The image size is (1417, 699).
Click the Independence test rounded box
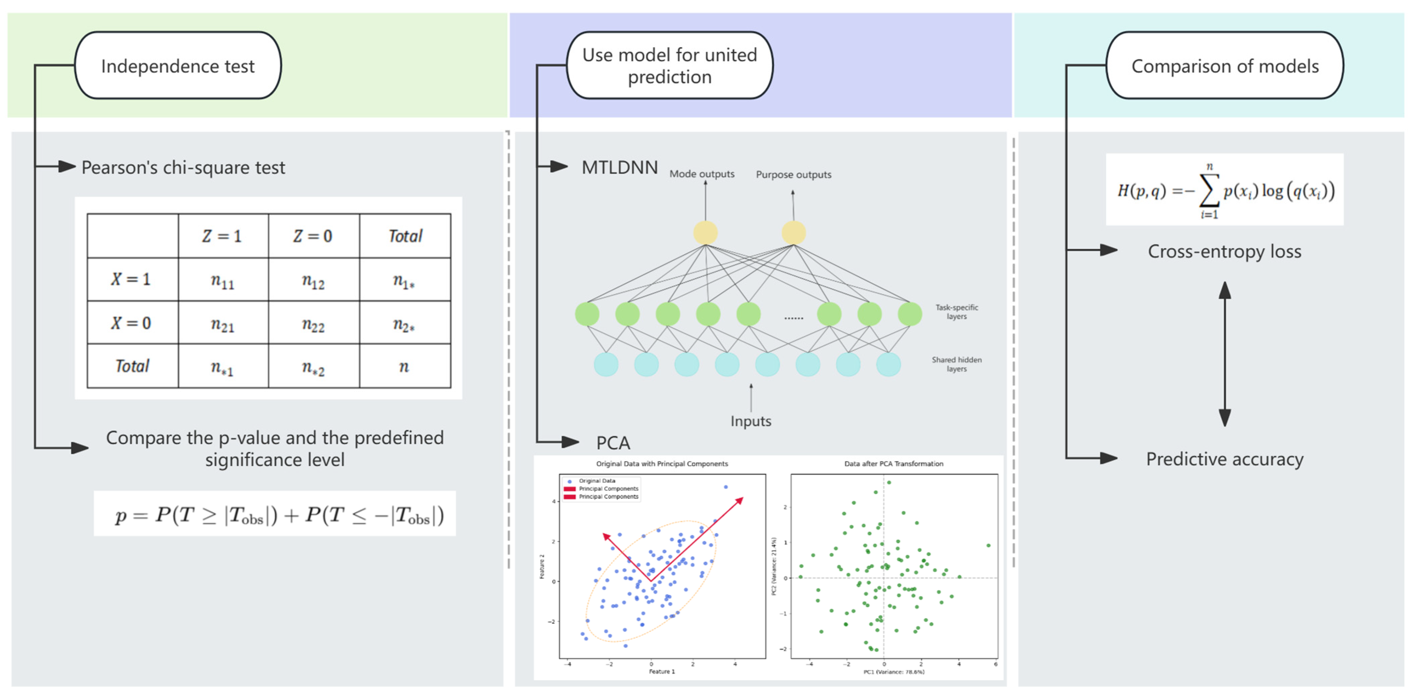point(178,65)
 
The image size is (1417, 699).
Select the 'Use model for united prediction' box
point(670,65)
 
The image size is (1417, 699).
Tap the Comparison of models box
point(1225,65)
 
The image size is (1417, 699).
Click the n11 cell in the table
point(223,281)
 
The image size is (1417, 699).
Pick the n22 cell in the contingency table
point(314,324)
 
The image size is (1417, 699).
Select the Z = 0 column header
point(313,236)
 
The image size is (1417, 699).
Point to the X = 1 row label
point(131,280)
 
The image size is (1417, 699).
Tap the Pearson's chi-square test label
point(183,167)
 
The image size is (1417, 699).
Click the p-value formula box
point(275,514)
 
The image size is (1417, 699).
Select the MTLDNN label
point(619,167)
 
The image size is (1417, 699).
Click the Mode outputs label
point(702,174)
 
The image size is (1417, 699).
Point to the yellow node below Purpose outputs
point(793,233)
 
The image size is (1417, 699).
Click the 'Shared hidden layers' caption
point(957,364)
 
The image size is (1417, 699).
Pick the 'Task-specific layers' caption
point(957,312)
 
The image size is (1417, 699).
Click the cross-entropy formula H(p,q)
point(1225,190)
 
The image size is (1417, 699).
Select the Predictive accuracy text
point(1225,459)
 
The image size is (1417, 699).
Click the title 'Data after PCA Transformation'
point(893,464)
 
